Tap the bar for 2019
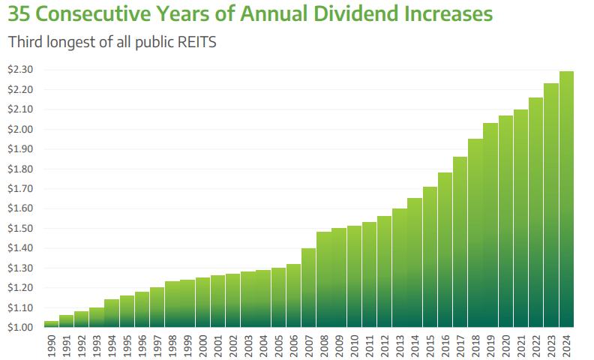[490, 225]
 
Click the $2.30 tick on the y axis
[21, 70]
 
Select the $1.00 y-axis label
[21, 328]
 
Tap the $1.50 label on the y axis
[21, 229]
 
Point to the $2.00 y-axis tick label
[21, 129]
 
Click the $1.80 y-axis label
[21, 169]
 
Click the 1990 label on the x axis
[52, 344]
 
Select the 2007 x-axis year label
[309, 344]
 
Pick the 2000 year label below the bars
[203, 344]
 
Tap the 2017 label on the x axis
[460, 344]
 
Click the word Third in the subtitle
[25, 43]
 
